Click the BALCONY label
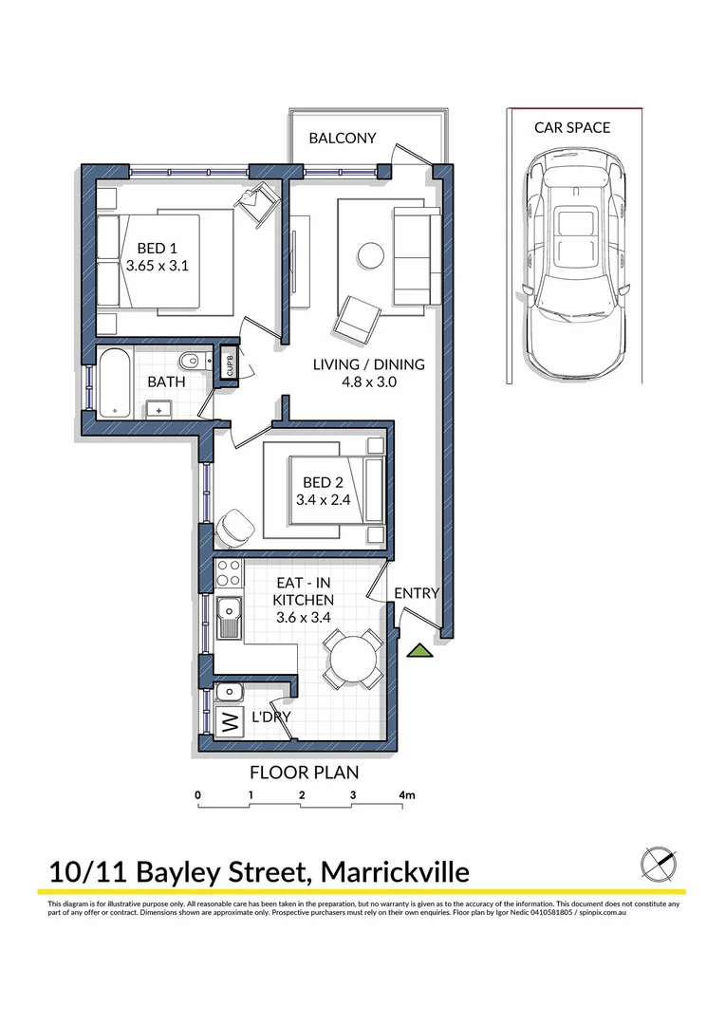tap(343, 138)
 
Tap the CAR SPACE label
tap(572, 127)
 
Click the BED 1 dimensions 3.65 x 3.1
tap(158, 266)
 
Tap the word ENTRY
tap(417, 593)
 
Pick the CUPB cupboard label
tap(229, 364)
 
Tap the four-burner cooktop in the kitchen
tap(228, 572)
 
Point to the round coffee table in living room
tap(369, 253)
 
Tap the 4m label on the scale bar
tap(407, 794)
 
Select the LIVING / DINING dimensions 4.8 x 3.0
tap(369, 382)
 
